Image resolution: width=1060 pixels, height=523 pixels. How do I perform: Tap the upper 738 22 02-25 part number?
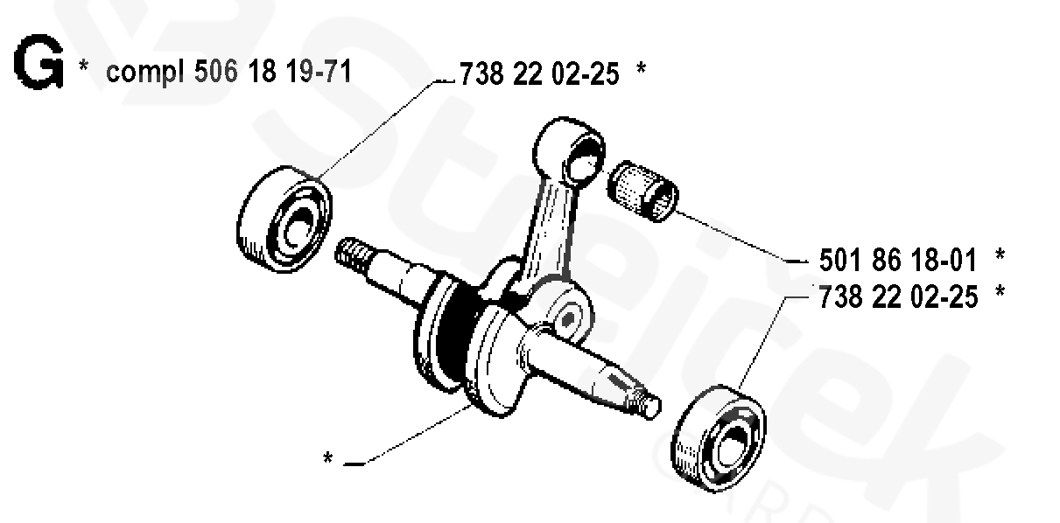coord(539,74)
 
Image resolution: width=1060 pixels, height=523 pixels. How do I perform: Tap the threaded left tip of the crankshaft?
coord(352,254)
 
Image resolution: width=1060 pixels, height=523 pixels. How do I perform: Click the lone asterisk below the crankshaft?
coord(327,458)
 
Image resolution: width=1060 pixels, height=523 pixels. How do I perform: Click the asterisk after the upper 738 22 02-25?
coord(642,71)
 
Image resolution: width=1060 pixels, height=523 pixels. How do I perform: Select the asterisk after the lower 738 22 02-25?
coord(1000,294)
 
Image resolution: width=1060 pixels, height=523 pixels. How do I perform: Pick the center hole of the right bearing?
coord(730,441)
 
